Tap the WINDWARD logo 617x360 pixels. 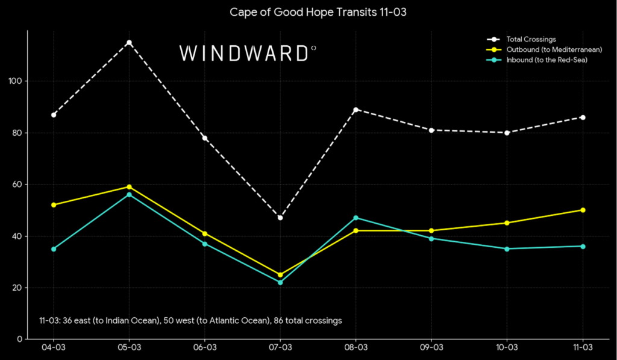coord(248,53)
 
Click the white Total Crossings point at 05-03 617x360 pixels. coord(129,42)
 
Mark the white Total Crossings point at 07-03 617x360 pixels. coord(280,217)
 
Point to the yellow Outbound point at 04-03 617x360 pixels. coord(54,205)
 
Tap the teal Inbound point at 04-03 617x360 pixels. coord(54,249)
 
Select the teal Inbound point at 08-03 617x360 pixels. coord(355,218)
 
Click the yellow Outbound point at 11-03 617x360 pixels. coord(583,210)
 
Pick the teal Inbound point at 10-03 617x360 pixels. coord(507,249)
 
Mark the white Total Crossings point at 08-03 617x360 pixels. coord(355,110)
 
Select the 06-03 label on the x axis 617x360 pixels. coord(205,348)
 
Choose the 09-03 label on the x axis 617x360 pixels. coord(431,348)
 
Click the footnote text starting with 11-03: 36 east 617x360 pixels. coord(190,321)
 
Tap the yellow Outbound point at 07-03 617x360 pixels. coord(280,274)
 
